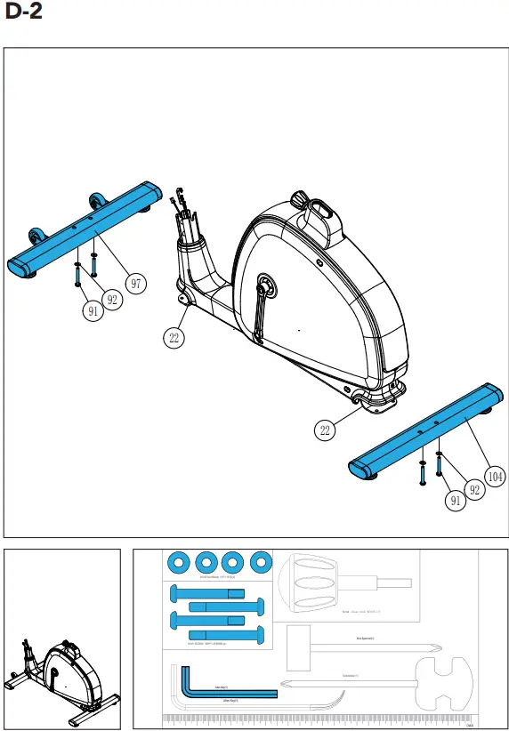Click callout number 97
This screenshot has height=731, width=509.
pos(135,284)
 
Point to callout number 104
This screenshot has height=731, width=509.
pos(495,477)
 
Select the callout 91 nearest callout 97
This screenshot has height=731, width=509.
pos(93,311)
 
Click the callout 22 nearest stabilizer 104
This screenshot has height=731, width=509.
pos(326,430)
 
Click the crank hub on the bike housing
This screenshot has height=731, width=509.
pos(263,286)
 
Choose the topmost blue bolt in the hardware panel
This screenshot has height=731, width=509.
pos(205,593)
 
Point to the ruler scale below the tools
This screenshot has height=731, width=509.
pos(320,719)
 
